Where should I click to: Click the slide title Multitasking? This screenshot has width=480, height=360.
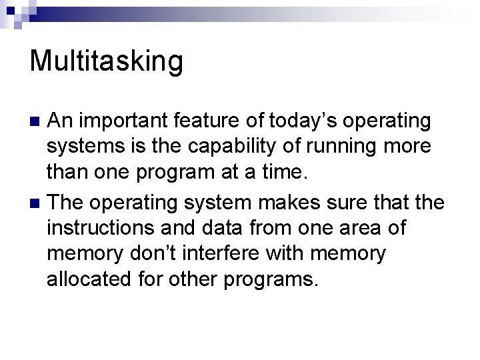point(106,61)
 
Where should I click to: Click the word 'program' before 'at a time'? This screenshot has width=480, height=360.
point(182,174)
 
